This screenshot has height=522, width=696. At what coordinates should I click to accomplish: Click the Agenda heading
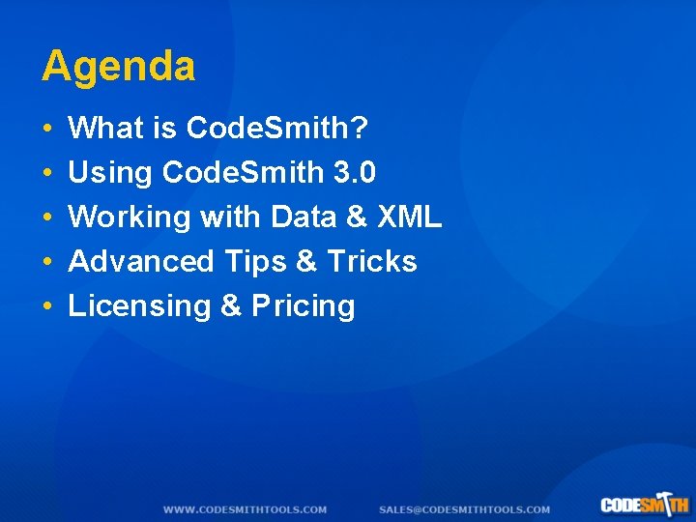tap(118, 67)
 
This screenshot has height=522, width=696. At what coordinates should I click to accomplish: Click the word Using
tap(110, 173)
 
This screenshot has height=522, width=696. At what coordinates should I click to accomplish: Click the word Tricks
tap(372, 262)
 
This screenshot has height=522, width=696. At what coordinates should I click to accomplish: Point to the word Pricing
tap(304, 306)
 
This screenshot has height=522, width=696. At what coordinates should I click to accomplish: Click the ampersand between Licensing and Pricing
tap(231, 306)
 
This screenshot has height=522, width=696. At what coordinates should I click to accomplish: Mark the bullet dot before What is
tap(47, 129)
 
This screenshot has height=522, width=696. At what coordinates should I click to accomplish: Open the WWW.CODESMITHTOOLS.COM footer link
tap(245, 509)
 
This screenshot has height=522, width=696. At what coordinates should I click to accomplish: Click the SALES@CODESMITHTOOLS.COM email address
tap(464, 509)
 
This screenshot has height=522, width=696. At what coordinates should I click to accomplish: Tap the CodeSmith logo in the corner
tap(644, 504)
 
